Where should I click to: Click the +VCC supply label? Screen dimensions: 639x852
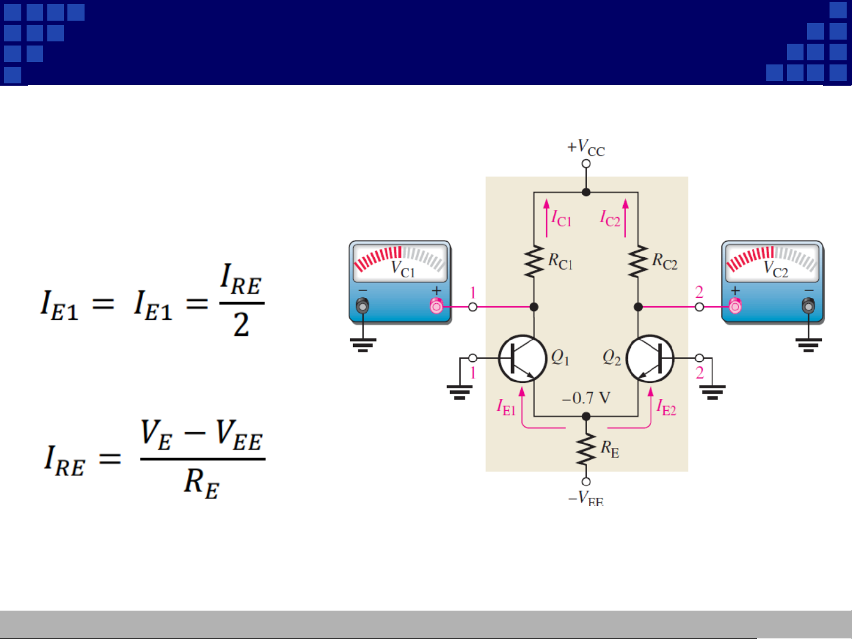click(x=586, y=147)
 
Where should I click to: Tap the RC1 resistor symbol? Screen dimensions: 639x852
click(x=534, y=262)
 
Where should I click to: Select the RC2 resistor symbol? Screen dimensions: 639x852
click(x=638, y=262)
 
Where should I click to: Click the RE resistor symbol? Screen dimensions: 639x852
click(x=586, y=450)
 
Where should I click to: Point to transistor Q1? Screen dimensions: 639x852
click(x=522, y=359)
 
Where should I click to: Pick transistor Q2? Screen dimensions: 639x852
click(x=650, y=359)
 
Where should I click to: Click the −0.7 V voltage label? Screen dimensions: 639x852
click(x=586, y=398)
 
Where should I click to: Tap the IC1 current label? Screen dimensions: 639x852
click(x=561, y=219)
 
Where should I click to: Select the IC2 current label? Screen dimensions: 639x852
click(x=610, y=219)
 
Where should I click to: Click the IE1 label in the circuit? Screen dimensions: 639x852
click(x=506, y=407)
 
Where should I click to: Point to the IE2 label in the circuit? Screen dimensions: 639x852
click(x=666, y=407)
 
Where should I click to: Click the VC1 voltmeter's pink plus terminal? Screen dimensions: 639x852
click(x=436, y=306)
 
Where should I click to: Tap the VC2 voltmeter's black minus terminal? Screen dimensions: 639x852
click(x=808, y=306)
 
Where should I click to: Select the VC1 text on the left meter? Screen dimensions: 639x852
click(x=403, y=269)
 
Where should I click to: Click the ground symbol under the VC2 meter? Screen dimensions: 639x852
click(x=808, y=344)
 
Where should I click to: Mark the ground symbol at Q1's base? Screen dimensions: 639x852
click(x=459, y=391)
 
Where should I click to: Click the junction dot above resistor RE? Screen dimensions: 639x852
click(x=586, y=417)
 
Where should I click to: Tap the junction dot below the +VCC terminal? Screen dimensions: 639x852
click(x=586, y=192)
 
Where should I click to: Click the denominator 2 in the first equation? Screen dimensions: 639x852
click(x=241, y=325)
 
